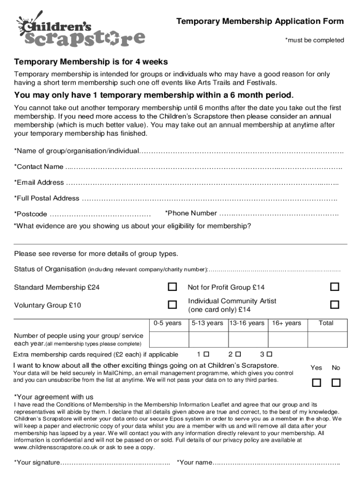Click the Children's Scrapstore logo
tap(80, 30)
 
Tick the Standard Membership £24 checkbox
tap(173, 286)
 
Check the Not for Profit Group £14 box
tap(334, 286)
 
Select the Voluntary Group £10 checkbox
tap(173, 305)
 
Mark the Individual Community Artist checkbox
tap(334, 305)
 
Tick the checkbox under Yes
tap(317, 383)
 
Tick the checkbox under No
tap(336, 383)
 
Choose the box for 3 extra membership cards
tap(269, 354)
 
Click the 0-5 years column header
tap(167, 323)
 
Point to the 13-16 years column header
tap(247, 323)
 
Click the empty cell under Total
tap(326, 339)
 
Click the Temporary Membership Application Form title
tap(259, 22)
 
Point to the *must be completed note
tap(315, 40)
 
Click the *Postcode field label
tap(30, 214)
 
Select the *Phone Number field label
tap(191, 213)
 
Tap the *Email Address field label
tap(39, 182)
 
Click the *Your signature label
tap(37, 463)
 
